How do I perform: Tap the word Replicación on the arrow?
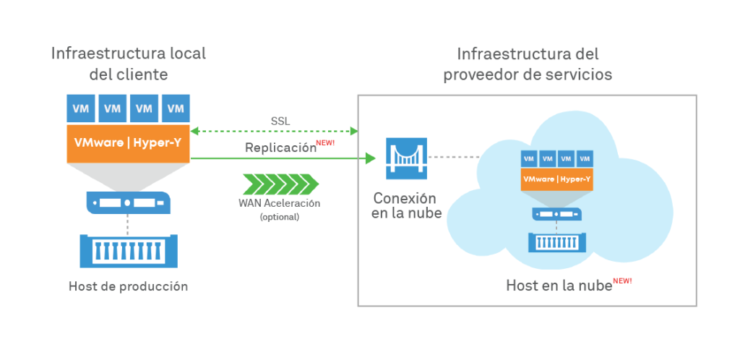[281, 147]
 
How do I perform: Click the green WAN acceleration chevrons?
[280, 184]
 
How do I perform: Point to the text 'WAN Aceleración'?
[279, 203]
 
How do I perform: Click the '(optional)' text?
[279, 216]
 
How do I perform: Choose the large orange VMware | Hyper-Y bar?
[129, 142]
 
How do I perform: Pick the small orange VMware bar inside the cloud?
[556, 179]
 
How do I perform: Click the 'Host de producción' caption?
[129, 286]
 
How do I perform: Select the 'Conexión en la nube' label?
[406, 205]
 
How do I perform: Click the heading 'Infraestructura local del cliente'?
[129, 64]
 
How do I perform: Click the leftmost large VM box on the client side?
[81, 108]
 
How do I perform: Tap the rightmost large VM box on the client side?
[176, 108]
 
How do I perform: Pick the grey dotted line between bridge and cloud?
[453, 157]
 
